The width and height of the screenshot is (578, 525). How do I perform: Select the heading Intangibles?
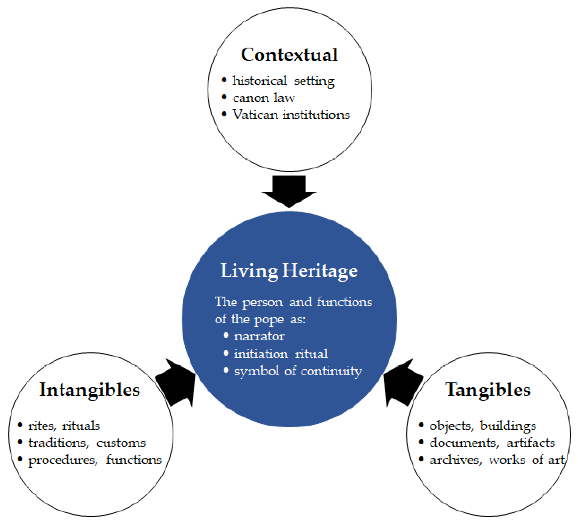90,390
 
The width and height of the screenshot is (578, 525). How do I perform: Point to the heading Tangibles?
488,390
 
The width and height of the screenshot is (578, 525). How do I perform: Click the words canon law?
263,98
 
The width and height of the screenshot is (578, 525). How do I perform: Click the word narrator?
259,336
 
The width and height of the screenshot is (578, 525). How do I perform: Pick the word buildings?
508,426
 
